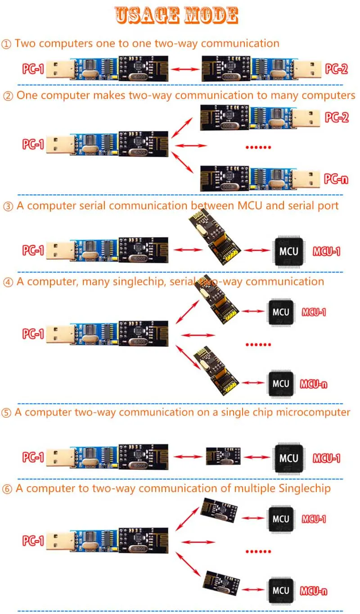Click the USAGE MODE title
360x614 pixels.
pos(176,15)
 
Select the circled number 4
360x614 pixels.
pos(8,282)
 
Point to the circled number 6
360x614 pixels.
pos(7,489)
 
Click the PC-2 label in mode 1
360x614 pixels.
pos(337,69)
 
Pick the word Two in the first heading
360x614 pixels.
pos(25,43)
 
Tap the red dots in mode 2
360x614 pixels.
pos(259,147)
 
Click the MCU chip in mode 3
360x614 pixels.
pos(288,250)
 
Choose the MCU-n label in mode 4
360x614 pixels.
pos(315,384)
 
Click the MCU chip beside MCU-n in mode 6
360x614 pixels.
pos(281,589)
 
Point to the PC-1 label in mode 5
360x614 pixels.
pos(33,457)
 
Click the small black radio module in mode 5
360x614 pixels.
pos(223,456)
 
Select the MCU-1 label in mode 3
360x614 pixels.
pos(326,251)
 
